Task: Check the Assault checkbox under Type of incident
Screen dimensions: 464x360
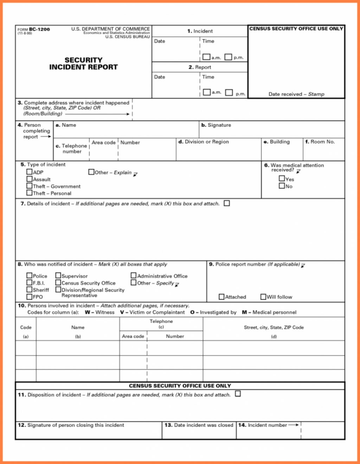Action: coord(29,179)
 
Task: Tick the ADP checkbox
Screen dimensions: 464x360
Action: coord(29,172)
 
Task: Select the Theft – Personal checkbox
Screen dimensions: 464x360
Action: coord(29,193)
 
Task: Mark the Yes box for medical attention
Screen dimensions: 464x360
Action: coord(282,179)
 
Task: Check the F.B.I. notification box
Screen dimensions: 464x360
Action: coord(29,283)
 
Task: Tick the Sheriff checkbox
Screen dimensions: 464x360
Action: coord(29,290)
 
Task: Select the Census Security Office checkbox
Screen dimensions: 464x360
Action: coord(58,283)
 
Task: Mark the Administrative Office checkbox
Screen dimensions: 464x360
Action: coord(134,276)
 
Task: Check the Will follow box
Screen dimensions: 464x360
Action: coord(263,297)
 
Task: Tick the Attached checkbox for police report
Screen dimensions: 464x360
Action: coord(222,297)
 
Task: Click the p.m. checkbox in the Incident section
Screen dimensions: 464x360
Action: coord(228,57)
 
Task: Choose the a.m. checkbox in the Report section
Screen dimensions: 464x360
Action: coord(206,92)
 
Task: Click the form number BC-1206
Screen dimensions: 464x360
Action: coord(39,30)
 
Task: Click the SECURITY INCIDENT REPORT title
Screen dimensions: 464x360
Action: coord(83,64)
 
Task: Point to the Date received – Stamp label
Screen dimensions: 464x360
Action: coord(296,94)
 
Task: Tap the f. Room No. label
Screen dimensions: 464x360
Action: coord(320,142)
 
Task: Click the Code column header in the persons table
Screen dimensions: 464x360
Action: coord(26,328)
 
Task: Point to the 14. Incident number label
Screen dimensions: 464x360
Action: coord(266,425)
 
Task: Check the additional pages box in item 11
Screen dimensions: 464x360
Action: coord(238,394)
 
